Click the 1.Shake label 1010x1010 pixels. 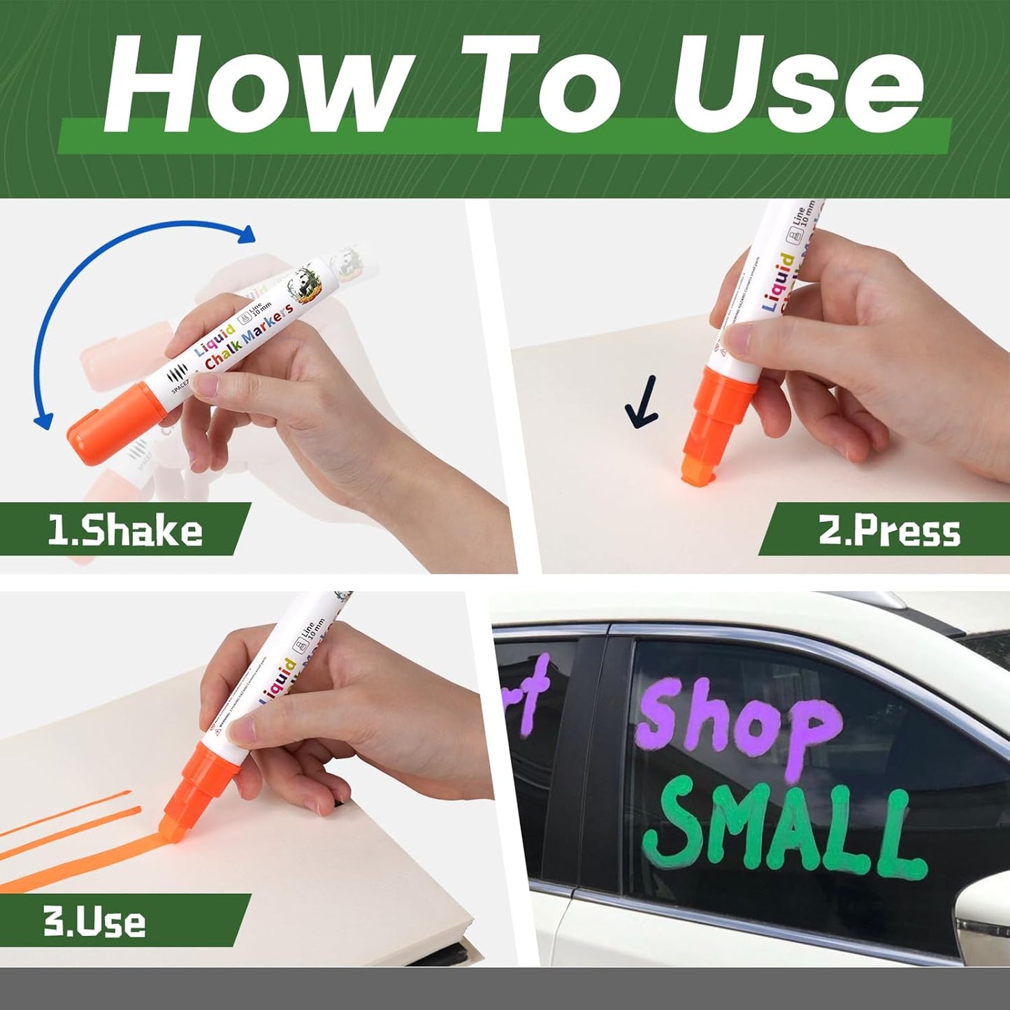[124, 530]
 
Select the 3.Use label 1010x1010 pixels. [94, 921]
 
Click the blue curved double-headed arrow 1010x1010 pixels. [105, 280]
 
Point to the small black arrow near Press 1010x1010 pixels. [642, 404]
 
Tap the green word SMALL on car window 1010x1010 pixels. [783, 832]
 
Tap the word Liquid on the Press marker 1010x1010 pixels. [777, 282]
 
